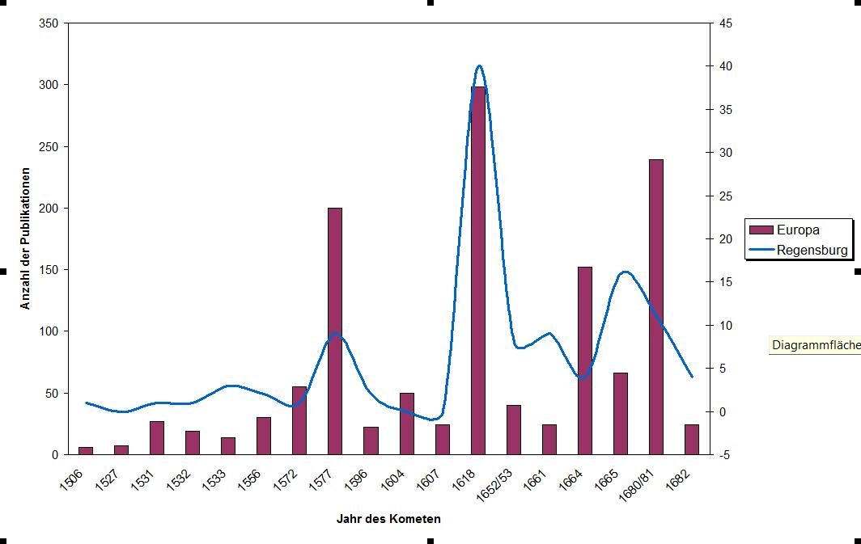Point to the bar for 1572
(299, 420)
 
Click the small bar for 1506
(86, 450)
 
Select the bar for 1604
(406, 424)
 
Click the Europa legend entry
(797, 230)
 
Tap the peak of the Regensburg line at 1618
(479, 66)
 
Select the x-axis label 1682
(682, 482)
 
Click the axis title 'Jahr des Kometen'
(388, 519)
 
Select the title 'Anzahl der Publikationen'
(26, 238)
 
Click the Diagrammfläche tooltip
(815, 346)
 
